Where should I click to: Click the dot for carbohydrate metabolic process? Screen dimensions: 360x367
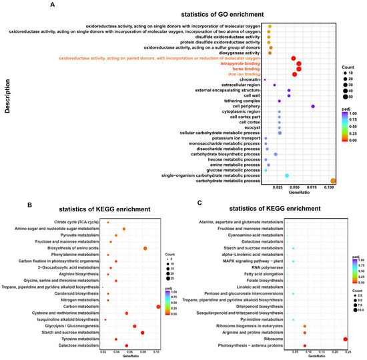pyautogui.click(x=334, y=181)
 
